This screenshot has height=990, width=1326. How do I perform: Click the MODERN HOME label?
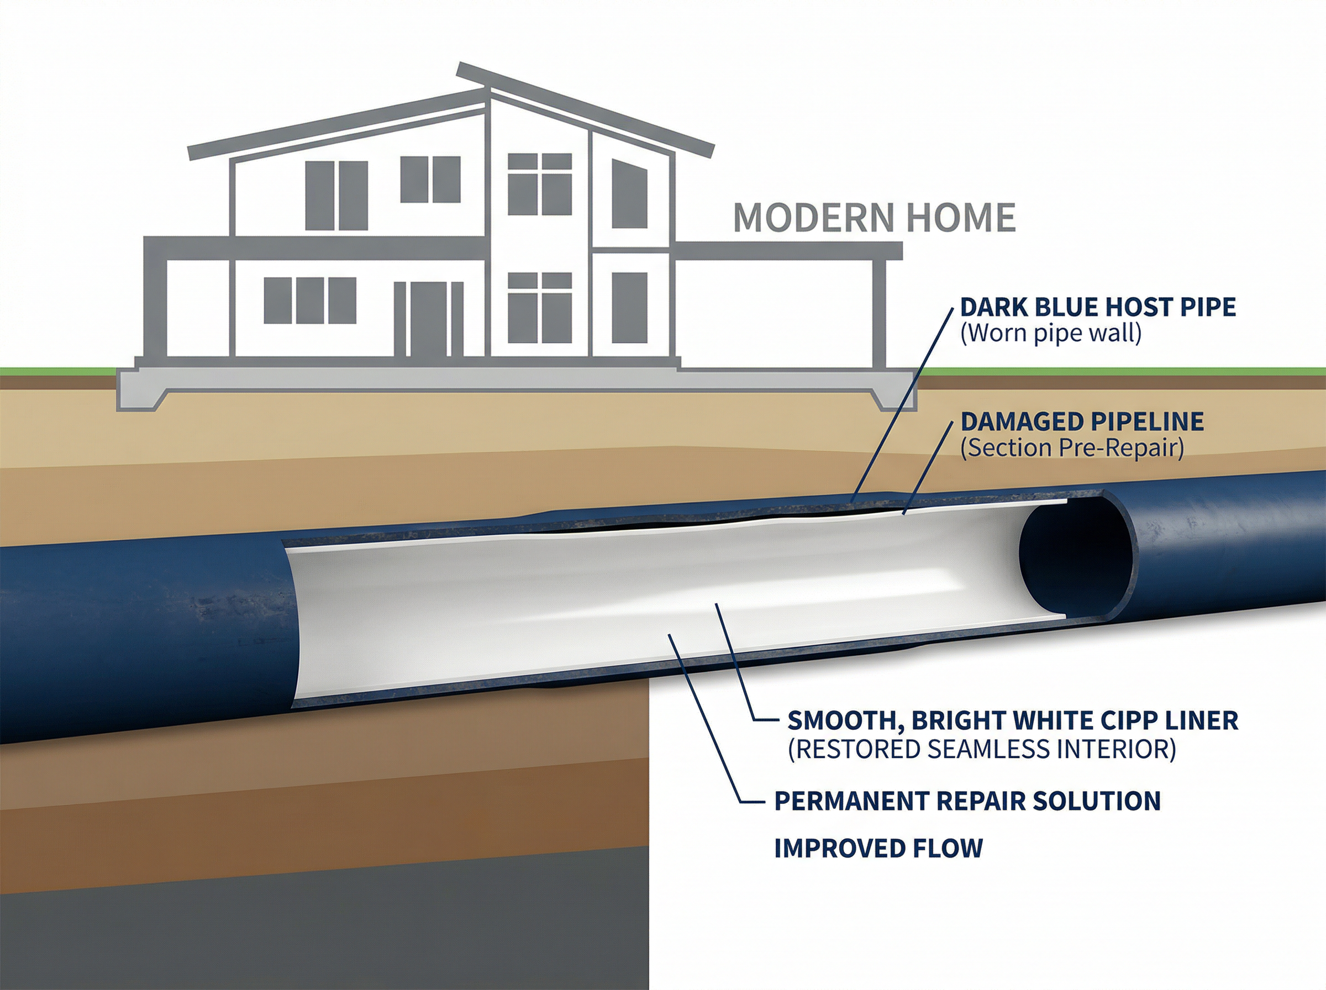(874, 218)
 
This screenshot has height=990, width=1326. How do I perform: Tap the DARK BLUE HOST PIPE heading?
(1098, 307)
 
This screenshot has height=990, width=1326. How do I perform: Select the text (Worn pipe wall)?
(1050, 334)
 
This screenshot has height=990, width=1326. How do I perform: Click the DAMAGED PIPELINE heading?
(1082, 422)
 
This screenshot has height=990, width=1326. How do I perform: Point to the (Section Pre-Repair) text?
(1072, 448)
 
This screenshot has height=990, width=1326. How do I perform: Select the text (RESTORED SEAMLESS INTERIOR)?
(981, 749)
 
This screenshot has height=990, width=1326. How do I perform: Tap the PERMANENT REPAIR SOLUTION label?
(967, 801)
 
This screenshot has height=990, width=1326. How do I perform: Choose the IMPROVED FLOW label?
(878, 848)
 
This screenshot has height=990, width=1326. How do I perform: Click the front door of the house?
(428, 319)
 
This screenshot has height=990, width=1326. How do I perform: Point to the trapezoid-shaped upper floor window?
(629, 193)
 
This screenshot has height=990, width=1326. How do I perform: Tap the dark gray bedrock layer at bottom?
(324, 935)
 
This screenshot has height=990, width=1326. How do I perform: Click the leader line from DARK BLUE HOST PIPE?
(905, 402)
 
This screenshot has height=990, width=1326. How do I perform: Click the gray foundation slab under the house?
(515, 380)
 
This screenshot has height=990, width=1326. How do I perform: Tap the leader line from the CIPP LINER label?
(734, 659)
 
